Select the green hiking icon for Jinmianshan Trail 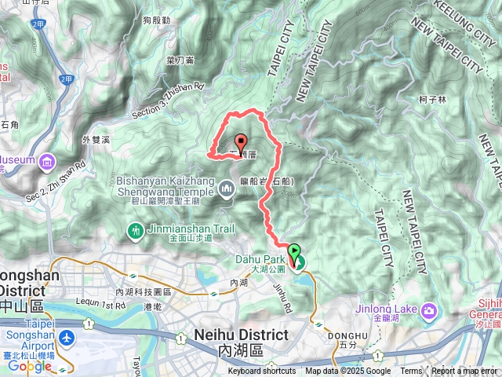click(x=134, y=231)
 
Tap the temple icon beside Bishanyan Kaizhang click(x=227, y=188)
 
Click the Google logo click(x=30, y=366)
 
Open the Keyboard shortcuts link click(x=262, y=372)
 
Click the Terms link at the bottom click(x=411, y=372)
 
